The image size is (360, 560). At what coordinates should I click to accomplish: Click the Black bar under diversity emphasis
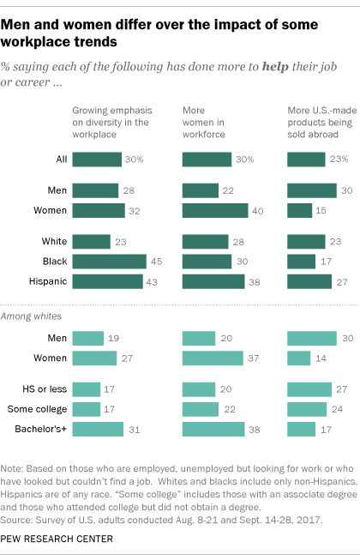click(110, 262)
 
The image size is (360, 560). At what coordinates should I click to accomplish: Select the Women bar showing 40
click(215, 209)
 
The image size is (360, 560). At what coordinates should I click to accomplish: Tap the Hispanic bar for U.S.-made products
click(309, 280)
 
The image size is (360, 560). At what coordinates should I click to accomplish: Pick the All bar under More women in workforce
click(207, 159)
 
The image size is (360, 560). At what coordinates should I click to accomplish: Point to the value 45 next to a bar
click(158, 262)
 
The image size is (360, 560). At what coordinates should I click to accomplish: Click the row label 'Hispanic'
click(45, 280)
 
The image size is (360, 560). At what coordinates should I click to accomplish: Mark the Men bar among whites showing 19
click(88, 339)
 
